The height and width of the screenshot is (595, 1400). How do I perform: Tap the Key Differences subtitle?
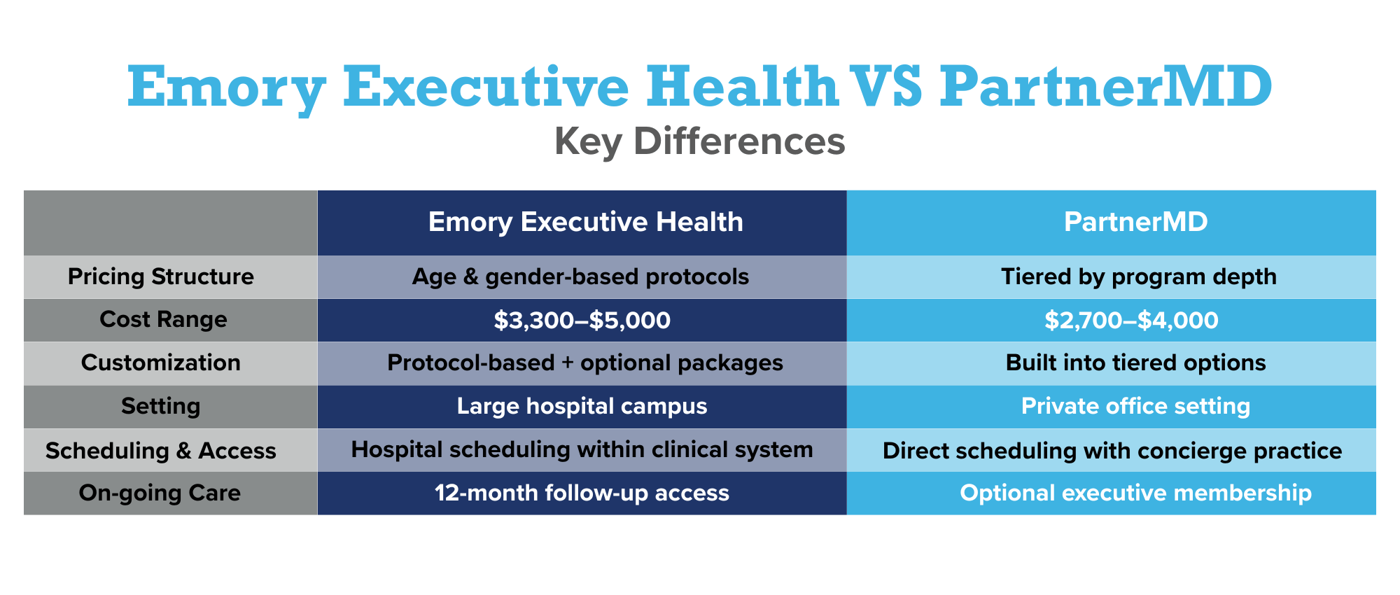pos(699,141)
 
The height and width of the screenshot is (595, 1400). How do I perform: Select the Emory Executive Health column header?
pos(585,223)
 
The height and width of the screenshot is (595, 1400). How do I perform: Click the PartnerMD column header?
pos(1135,223)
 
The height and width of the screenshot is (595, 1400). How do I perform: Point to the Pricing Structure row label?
pos(160,276)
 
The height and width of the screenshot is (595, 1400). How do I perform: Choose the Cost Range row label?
pos(163,320)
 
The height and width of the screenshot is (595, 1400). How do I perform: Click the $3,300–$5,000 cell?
pos(582,321)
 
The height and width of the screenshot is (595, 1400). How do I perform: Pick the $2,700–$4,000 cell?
pos(1131,321)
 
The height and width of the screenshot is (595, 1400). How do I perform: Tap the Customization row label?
pos(160,363)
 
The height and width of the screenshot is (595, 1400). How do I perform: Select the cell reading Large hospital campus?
pos(582,407)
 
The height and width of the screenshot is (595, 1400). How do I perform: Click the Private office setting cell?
pos(1135,407)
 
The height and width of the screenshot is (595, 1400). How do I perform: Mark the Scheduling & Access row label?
pos(160,451)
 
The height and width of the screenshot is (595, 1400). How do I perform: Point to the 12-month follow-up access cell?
pos(582,493)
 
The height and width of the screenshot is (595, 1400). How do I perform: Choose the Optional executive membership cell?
pos(1135,493)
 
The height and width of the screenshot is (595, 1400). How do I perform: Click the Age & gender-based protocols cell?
pos(580,277)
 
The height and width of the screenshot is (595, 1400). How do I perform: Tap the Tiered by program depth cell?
pos(1138,277)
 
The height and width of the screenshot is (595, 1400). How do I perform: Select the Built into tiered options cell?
pos(1135,363)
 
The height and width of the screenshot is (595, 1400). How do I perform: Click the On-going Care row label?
pos(160,493)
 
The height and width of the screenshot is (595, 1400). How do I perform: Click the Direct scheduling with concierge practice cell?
pos(1112,451)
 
